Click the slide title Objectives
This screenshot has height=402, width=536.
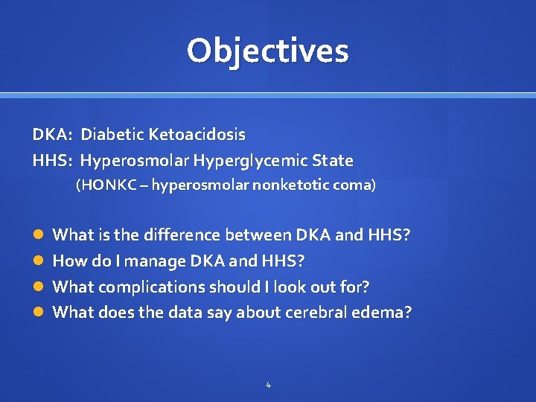point(267,51)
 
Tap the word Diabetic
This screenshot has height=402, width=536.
point(112,135)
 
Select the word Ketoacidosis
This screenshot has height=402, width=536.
point(197,135)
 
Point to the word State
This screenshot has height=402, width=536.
point(333,161)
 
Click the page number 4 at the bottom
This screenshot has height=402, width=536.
point(268,385)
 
